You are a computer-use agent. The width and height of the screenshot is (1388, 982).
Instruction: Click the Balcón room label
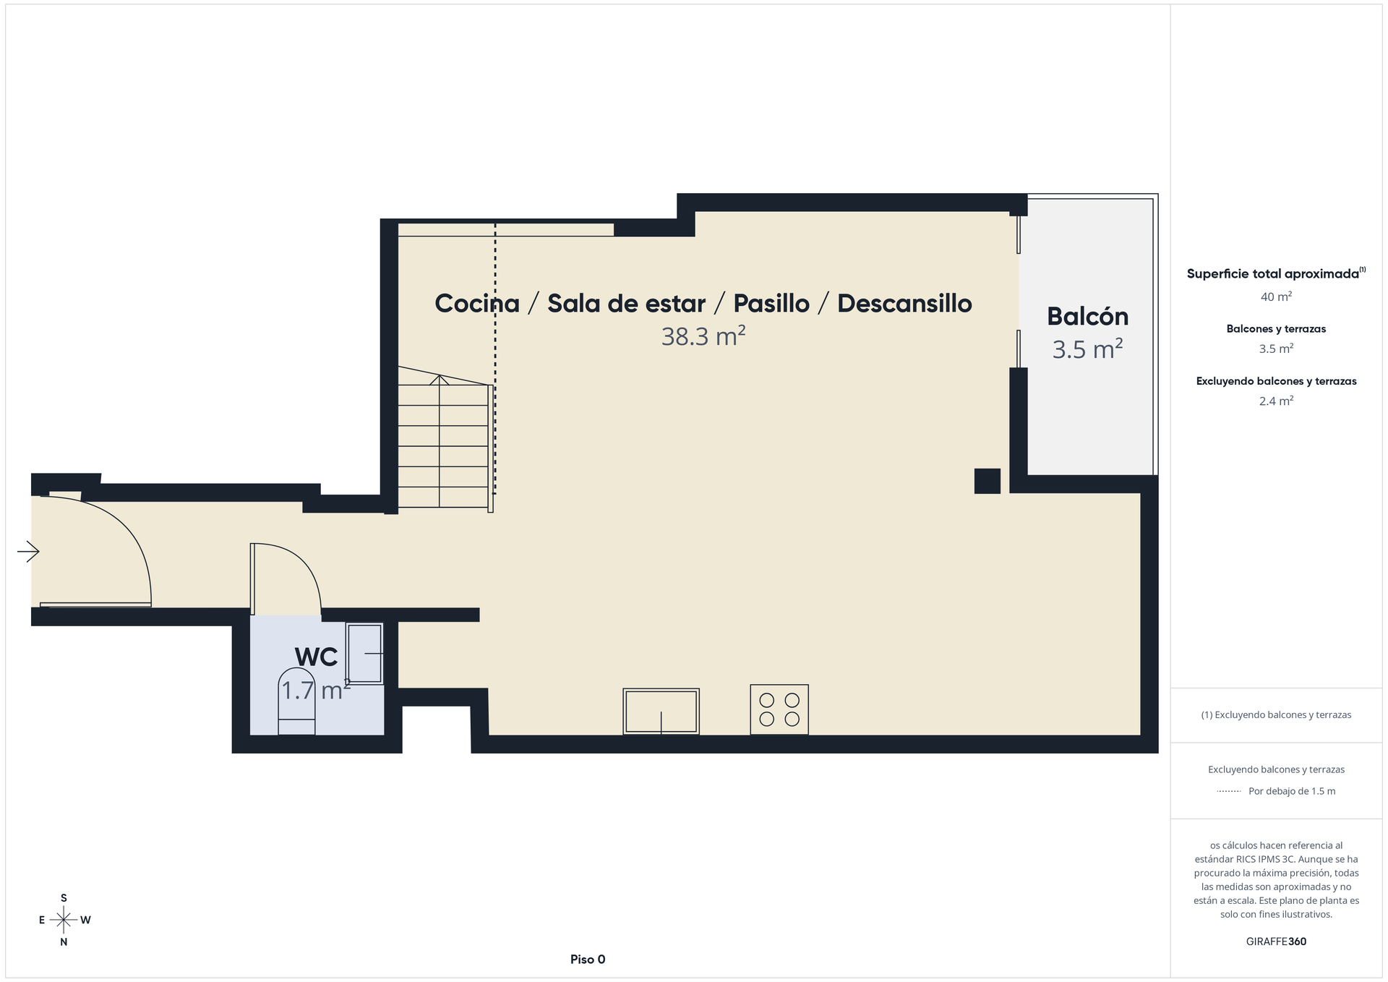(1087, 316)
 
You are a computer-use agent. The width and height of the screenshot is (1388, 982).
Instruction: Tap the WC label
(316, 657)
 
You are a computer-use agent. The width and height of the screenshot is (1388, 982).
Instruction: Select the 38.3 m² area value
(703, 336)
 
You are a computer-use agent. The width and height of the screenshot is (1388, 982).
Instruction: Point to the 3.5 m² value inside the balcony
(1087, 349)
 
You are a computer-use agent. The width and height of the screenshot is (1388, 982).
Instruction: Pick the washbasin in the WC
(364, 653)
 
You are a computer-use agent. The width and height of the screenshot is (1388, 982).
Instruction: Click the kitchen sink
(661, 712)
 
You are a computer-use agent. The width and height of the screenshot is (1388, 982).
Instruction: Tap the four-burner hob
(779, 709)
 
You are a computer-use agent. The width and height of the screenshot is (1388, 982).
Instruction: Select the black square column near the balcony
(987, 481)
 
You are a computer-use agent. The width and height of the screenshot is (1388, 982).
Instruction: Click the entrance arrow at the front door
(28, 552)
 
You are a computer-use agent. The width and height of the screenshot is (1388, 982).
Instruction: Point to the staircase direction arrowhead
(439, 380)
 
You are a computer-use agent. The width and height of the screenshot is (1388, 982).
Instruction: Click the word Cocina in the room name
(477, 304)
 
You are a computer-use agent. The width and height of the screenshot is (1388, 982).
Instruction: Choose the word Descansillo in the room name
(904, 304)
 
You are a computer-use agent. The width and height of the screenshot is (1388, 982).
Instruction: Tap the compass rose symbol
(64, 920)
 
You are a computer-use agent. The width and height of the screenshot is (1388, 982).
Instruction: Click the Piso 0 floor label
(588, 960)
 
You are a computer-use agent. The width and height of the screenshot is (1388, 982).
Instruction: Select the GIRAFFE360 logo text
(1276, 942)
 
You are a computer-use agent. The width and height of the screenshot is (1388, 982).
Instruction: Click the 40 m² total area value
(1276, 296)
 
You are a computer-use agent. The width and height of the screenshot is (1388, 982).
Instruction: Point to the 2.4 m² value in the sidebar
(1276, 401)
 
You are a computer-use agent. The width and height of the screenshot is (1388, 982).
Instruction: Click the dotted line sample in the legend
(1229, 791)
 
